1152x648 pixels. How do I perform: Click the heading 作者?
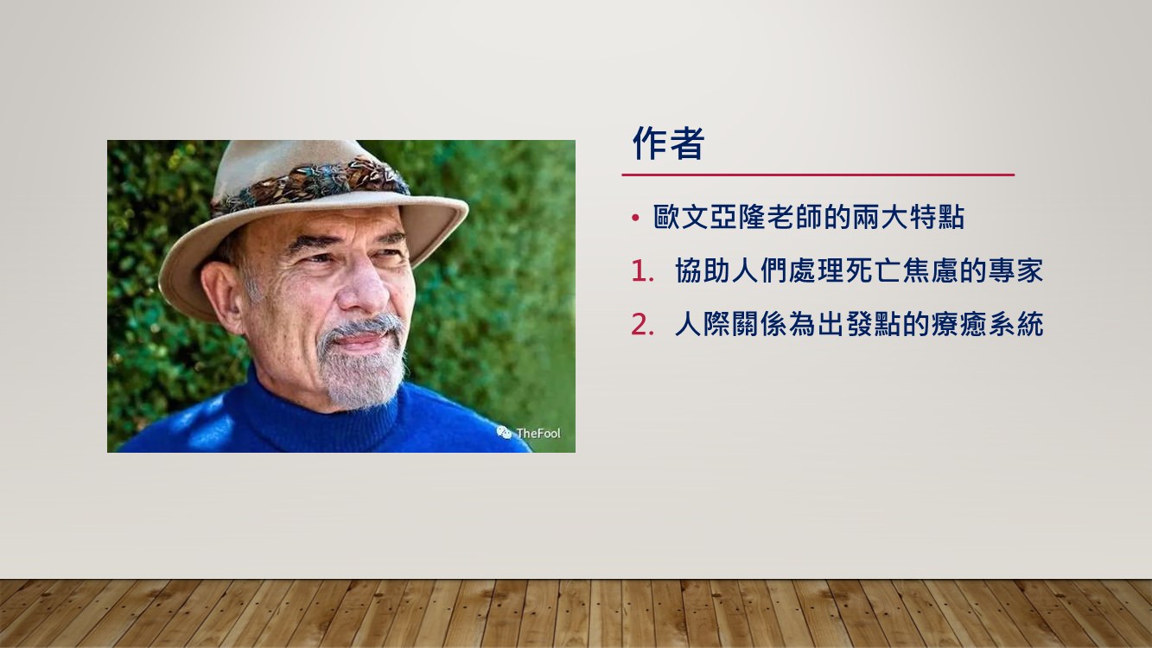coord(668,143)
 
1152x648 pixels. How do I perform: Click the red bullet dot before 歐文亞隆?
coord(636,218)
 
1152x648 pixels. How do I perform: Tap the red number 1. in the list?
coord(642,271)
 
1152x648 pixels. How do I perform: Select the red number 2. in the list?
coord(642,325)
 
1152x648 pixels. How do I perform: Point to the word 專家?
coord(1015,270)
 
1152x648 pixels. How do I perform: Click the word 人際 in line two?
coord(702,325)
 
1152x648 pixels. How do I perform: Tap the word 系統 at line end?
coord(1015,325)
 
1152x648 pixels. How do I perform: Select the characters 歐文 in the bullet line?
coord(680,217)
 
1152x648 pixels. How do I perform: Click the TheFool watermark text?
coord(538,433)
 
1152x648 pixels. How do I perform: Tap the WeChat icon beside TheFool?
coord(504,433)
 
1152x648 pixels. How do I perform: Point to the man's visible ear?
coord(222,298)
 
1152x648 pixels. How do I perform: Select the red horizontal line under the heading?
coord(818,175)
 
